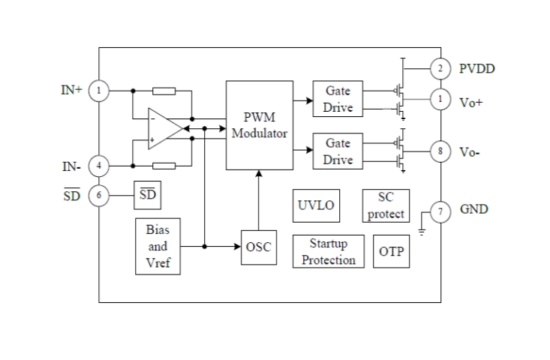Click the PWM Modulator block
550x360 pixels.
(x=260, y=125)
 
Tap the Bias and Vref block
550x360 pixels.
(x=158, y=246)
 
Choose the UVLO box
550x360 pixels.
(x=316, y=205)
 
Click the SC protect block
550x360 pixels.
(x=386, y=205)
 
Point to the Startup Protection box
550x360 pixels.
(x=327, y=252)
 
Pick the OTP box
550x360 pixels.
(x=391, y=252)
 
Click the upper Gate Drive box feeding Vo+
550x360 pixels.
(x=338, y=99)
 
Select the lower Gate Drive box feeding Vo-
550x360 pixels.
(x=338, y=151)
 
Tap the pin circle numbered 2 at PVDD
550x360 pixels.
(x=441, y=69)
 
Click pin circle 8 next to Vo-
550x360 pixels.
(x=441, y=152)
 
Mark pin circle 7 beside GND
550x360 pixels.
(x=441, y=210)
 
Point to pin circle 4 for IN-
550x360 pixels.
(x=98, y=165)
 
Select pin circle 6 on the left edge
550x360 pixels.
(x=98, y=195)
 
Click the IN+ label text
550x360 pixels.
(x=72, y=91)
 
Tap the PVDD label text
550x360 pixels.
(x=477, y=69)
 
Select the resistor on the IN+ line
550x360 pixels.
(x=164, y=91)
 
